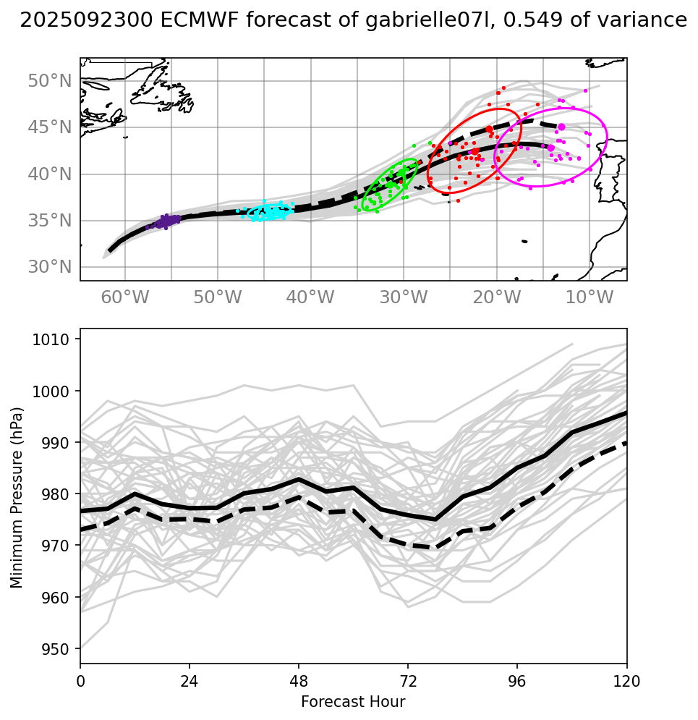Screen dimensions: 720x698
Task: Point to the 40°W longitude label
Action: click(310, 297)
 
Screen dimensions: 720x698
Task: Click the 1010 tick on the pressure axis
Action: click(56, 339)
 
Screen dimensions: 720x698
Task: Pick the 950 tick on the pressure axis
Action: click(59, 649)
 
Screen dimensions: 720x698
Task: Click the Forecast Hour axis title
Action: click(353, 702)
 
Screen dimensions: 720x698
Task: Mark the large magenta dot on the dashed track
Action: click(561, 127)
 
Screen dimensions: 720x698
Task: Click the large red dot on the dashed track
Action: click(490, 129)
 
